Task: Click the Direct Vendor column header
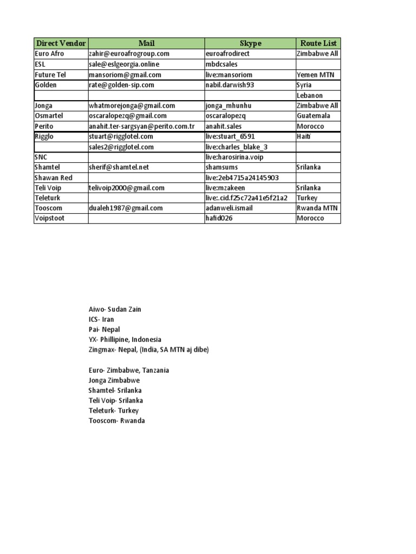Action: (x=61, y=43)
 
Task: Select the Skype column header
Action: (x=250, y=43)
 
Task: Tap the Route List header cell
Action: (x=318, y=43)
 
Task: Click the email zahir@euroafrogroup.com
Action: (x=129, y=54)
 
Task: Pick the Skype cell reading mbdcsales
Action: (x=222, y=64)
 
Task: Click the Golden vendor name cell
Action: (x=45, y=85)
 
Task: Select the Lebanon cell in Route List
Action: (x=310, y=95)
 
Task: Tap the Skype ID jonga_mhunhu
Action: (x=229, y=105)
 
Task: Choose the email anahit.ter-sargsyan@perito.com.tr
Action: (x=142, y=126)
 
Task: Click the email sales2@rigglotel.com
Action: (x=121, y=147)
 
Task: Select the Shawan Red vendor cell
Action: (x=53, y=177)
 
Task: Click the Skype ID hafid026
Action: (x=220, y=218)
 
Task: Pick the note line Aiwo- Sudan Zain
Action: (x=114, y=309)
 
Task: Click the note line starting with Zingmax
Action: (x=148, y=350)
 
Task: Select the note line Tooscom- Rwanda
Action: (x=116, y=421)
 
